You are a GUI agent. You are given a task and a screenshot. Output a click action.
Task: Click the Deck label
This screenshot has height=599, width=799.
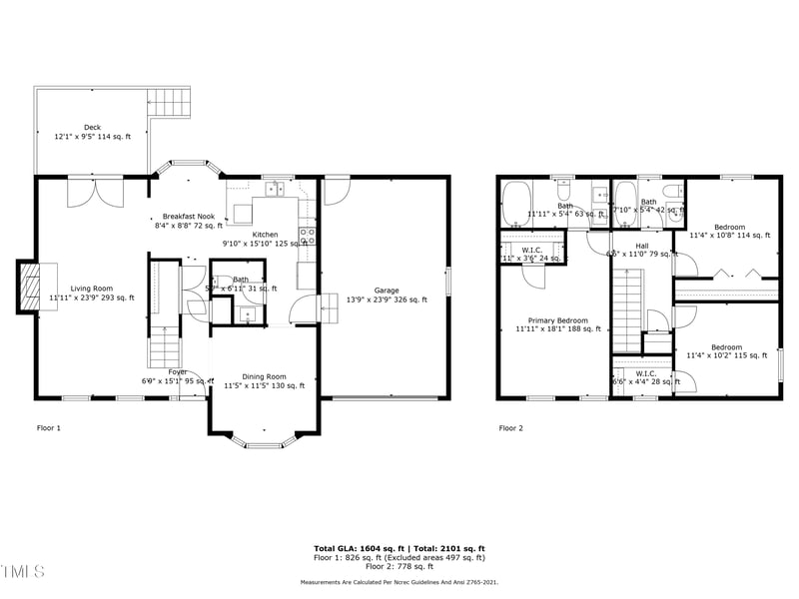(x=92, y=127)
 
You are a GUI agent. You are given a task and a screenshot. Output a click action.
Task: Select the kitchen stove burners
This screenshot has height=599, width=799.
(x=309, y=237)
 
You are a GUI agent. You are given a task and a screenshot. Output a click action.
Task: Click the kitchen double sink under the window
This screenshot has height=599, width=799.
(x=273, y=188)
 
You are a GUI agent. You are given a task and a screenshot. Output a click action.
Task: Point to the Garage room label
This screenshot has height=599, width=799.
(x=386, y=291)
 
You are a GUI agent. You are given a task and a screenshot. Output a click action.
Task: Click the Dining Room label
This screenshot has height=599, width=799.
(x=264, y=376)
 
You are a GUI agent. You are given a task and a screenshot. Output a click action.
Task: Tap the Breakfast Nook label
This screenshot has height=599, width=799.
(x=190, y=217)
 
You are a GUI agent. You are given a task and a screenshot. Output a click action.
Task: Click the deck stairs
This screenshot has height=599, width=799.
(x=168, y=103)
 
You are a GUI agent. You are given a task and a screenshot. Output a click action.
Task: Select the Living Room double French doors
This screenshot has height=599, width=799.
(x=96, y=192)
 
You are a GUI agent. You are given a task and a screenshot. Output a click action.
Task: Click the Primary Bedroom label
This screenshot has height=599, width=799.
(x=551, y=321)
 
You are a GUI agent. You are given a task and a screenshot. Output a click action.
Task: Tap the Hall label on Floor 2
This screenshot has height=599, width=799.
(x=641, y=246)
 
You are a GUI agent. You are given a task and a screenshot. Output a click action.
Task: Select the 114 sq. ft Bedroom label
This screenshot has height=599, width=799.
(x=729, y=228)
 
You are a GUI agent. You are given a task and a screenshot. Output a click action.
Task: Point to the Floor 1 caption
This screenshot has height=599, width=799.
(x=49, y=428)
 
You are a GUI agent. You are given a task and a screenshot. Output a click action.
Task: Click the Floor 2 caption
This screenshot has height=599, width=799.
(x=511, y=428)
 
